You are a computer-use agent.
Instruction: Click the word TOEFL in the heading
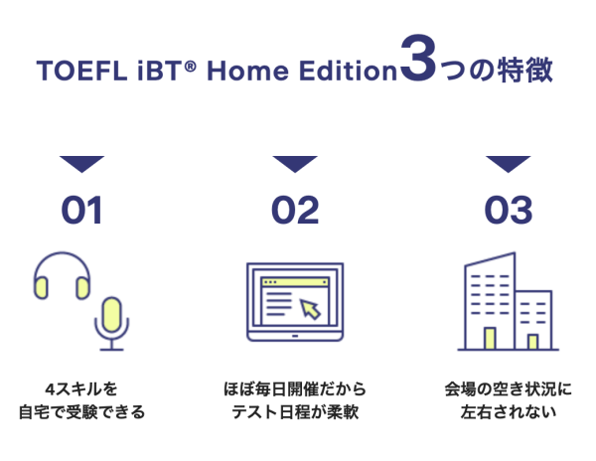pyautogui.click(x=81, y=71)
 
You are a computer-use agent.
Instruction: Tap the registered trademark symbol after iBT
pyautogui.click(x=190, y=67)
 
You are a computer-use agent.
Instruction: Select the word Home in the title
pyautogui.click(x=247, y=71)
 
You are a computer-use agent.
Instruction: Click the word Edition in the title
pyautogui.click(x=348, y=71)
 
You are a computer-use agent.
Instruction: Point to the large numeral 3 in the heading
pyautogui.click(x=418, y=58)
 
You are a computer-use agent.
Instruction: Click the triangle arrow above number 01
pyautogui.click(x=81, y=164)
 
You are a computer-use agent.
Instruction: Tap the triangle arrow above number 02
pyautogui.click(x=295, y=164)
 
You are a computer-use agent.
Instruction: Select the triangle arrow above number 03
pyautogui.click(x=509, y=164)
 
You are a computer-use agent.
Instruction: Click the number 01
pyautogui.click(x=81, y=210)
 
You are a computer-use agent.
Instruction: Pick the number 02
pyautogui.click(x=295, y=210)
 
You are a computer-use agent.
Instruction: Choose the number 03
pyautogui.click(x=509, y=210)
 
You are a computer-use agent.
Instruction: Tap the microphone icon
pyautogui.click(x=111, y=323)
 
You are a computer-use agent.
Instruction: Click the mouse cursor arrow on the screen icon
pyautogui.click(x=311, y=309)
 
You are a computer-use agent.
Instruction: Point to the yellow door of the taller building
pyautogui.click(x=490, y=338)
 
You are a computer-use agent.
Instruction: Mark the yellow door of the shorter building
pyautogui.click(x=532, y=342)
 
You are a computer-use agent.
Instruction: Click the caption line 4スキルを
pyautogui.click(x=81, y=389)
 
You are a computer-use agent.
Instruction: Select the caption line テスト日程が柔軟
pyautogui.click(x=295, y=412)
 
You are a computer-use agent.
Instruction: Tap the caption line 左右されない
pyautogui.click(x=509, y=412)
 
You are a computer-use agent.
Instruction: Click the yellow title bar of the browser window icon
pyautogui.click(x=295, y=282)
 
